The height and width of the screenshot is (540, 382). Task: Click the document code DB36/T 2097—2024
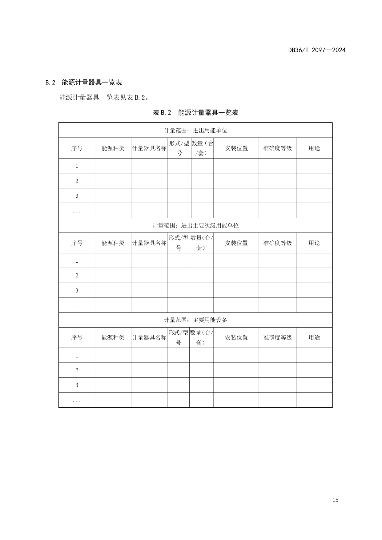[x=317, y=50]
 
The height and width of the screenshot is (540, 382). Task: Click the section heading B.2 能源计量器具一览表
[x=84, y=83]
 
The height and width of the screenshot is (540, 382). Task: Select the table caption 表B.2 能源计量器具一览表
[x=195, y=113]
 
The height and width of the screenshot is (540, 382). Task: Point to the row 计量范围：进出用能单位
[x=195, y=131]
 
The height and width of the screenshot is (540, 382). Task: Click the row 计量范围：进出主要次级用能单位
[x=195, y=226]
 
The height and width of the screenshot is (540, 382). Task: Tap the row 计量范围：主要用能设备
[x=195, y=320]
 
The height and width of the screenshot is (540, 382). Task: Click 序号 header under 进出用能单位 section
[x=77, y=148]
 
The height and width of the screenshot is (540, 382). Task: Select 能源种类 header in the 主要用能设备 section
[x=113, y=338]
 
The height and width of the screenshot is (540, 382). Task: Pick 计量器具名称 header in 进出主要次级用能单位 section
[x=149, y=243]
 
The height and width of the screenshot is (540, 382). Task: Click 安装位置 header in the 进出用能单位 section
[x=236, y=148]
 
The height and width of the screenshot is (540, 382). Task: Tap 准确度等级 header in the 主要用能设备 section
[x=277, y=338]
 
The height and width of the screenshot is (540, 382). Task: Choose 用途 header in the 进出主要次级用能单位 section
[x=314, y=243]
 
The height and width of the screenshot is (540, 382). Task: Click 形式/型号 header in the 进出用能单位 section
[x=179, y=148]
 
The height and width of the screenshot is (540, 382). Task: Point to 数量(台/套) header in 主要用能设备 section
[x=201, y=338]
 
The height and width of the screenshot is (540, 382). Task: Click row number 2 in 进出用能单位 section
[x=77, y=181]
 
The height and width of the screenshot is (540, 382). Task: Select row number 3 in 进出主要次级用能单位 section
[x=77, y=291]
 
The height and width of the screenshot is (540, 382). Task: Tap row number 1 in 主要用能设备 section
[x=77, y=356]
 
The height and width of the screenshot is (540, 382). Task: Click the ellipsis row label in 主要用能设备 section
[x=76, y=401]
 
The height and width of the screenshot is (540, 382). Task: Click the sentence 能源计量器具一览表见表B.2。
[x=104, y=98]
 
